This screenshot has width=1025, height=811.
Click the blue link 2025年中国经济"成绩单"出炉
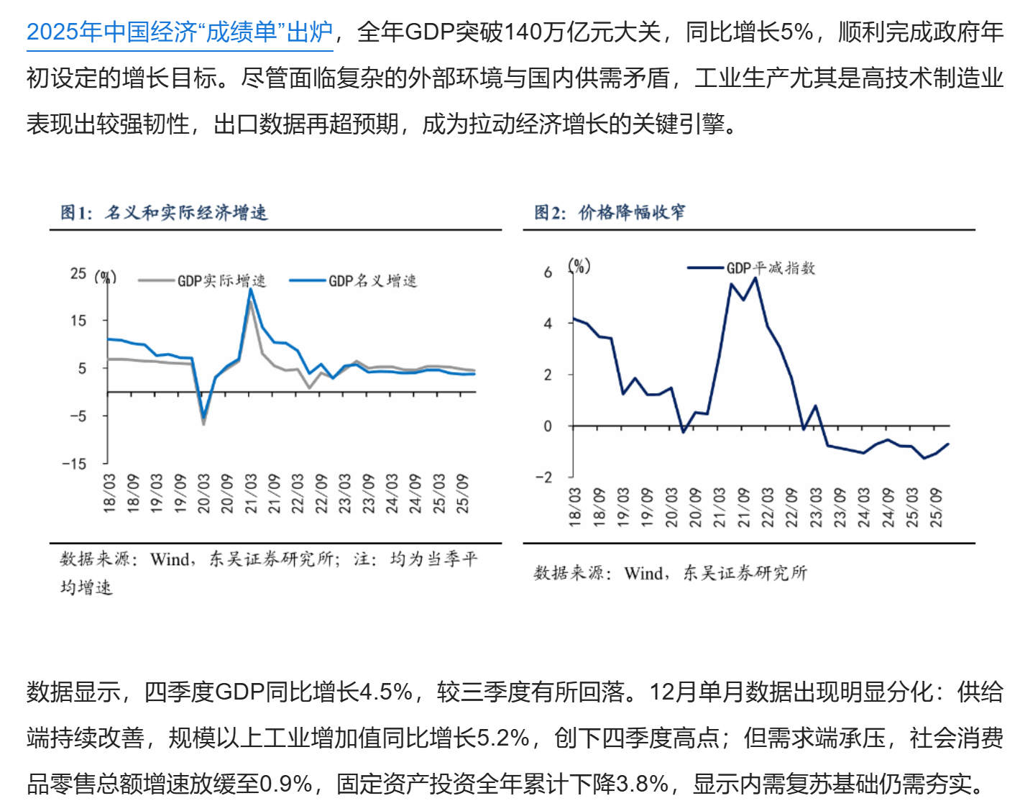[180, 32]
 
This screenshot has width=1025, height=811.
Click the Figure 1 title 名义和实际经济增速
[185, 212]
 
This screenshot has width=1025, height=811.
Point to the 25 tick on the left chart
[78, 274]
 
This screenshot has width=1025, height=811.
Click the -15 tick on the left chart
[74, 464]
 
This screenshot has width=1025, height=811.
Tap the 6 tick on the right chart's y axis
[548, 272]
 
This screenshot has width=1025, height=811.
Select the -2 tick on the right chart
[544, 477]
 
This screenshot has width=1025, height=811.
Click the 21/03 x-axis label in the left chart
[250, 493]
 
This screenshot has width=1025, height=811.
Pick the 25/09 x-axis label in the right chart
[936, 508]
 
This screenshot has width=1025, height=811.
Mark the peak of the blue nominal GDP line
[250, 289]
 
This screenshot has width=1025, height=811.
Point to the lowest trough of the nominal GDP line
[203, 417]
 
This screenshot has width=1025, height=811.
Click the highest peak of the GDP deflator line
[755, 278]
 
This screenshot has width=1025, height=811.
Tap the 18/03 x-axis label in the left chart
[109, 493]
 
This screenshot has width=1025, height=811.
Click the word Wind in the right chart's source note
[643, 573]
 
